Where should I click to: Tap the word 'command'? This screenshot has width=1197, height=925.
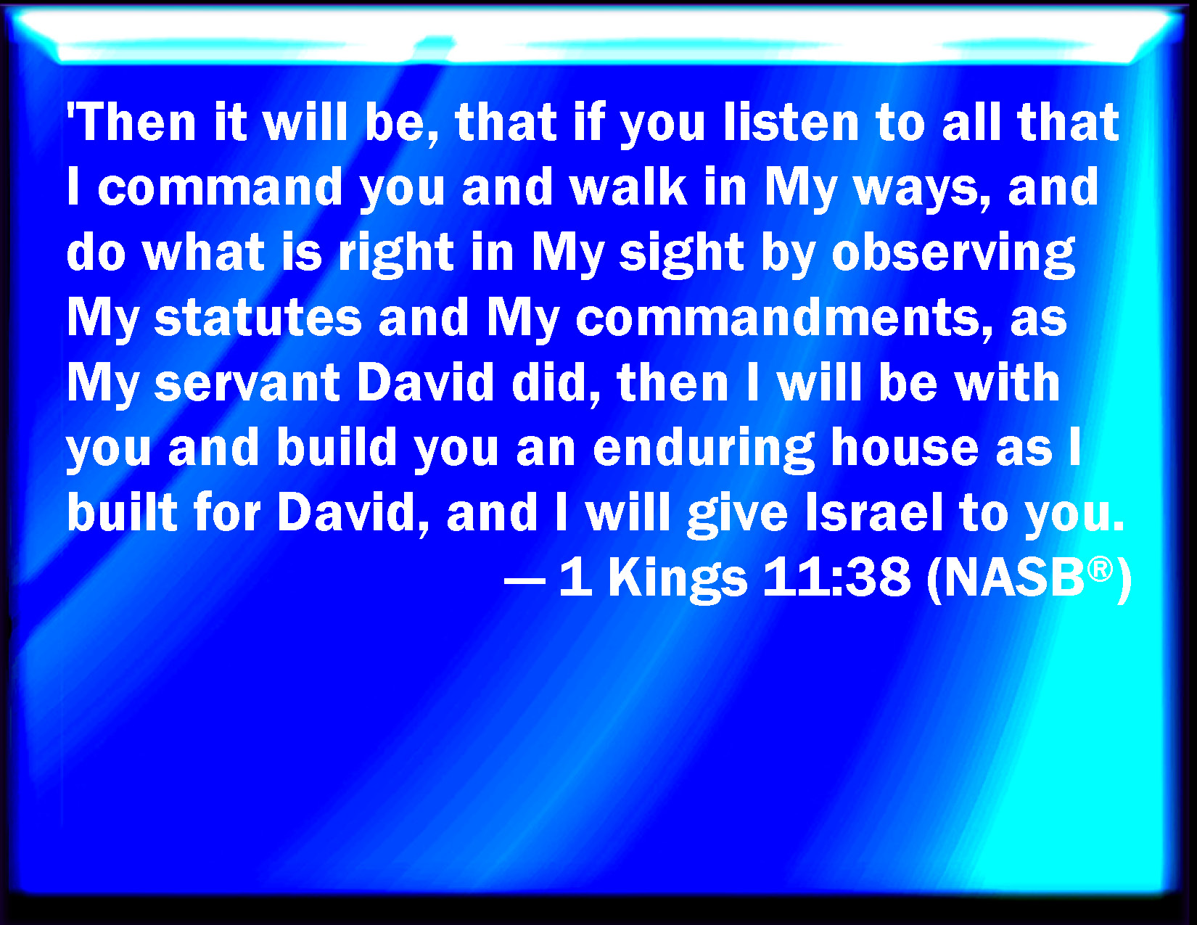(x=221, y=187)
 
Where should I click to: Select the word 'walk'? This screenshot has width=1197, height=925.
(x=628, y=187)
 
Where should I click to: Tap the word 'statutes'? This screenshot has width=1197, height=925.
(x=258, y=318)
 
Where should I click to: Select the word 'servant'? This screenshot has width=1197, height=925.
(x=247, y=383)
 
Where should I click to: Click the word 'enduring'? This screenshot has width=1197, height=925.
(x=704, y=449)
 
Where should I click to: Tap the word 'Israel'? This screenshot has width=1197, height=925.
(x=873, y=513)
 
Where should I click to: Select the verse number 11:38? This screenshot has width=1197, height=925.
(x=836, y=577)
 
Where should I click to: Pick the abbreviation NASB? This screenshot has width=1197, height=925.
(x=1014, y=577)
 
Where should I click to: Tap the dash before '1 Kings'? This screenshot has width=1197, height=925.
(x=525, y=580)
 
